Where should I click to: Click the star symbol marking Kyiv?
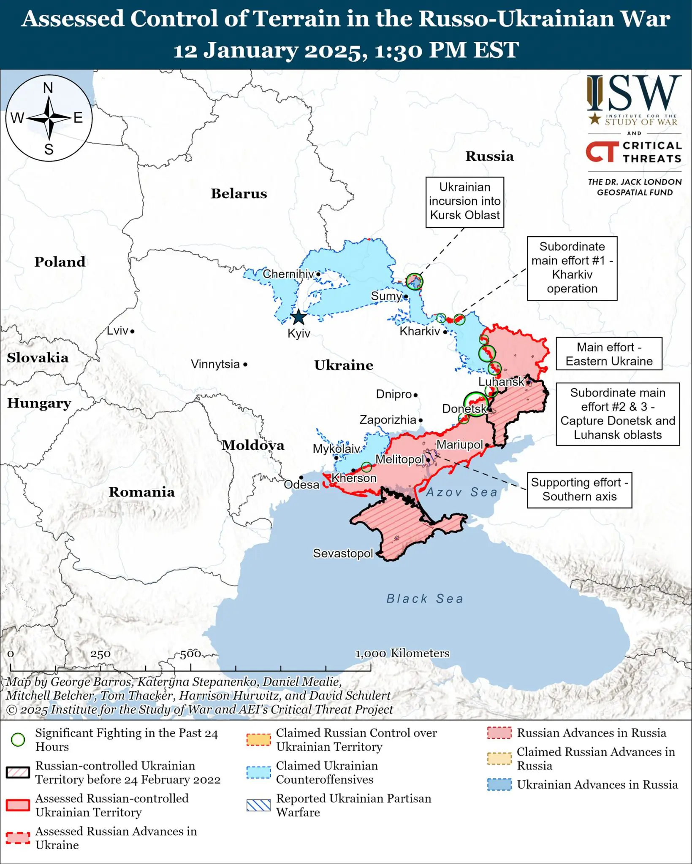click(x=299, y=317)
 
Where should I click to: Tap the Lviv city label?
click(x=117, y=330)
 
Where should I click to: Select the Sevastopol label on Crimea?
click(x=343, y=553)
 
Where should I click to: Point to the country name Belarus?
click(x=239, y=194)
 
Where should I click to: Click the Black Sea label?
click(x=425, y=599)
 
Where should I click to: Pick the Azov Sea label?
click(x=461, y=492)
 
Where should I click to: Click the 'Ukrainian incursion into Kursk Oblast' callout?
click(x=464, y=201)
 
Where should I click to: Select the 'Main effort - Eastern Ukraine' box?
click(x=609, y=354)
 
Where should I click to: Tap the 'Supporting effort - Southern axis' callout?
click(x=579, y=489)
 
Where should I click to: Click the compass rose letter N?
click(x=48, y=88)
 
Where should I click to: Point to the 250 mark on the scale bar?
click(x=100, y=654)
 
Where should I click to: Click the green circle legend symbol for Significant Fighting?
click(x=18, y=740)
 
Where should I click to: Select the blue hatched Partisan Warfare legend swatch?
click(x=258, y=805)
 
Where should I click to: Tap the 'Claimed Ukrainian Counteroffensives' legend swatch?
click(x=258, y=772)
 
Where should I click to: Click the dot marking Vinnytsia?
click(x=245, y=364)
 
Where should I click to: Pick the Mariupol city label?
click(x=459, y=445)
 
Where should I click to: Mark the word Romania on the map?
click(x=141, y=492)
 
